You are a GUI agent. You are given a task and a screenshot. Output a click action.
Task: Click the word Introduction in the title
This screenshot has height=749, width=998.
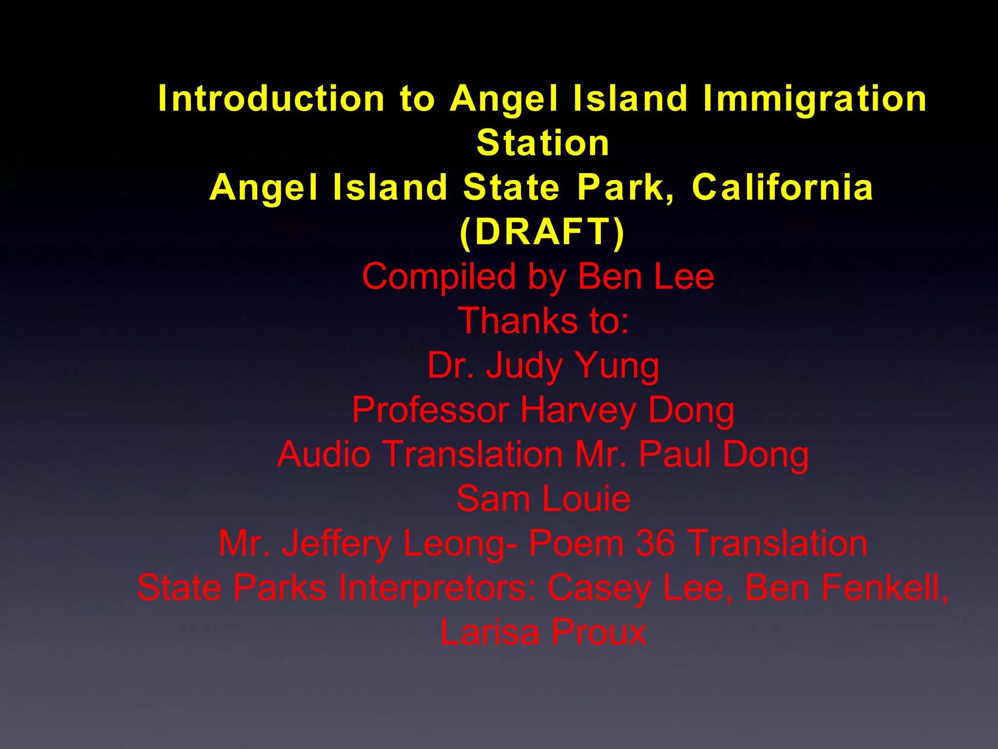coord(271,99)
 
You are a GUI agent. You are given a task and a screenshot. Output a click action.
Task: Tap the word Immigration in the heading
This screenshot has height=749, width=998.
coord(814,99)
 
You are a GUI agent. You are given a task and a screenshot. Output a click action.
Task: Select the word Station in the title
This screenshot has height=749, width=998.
coord(543,143)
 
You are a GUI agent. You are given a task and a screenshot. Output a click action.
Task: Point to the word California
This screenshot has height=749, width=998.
coord(782,188)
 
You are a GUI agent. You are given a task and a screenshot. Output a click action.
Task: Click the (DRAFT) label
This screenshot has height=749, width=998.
coord(542,232)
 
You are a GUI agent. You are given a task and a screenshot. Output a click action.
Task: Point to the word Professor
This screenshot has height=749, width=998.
coord(430,410)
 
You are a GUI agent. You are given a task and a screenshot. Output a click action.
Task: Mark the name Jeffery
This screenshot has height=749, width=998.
coord(337,544)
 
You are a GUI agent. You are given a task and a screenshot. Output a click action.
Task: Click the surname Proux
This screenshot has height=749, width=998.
coord(599,632)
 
